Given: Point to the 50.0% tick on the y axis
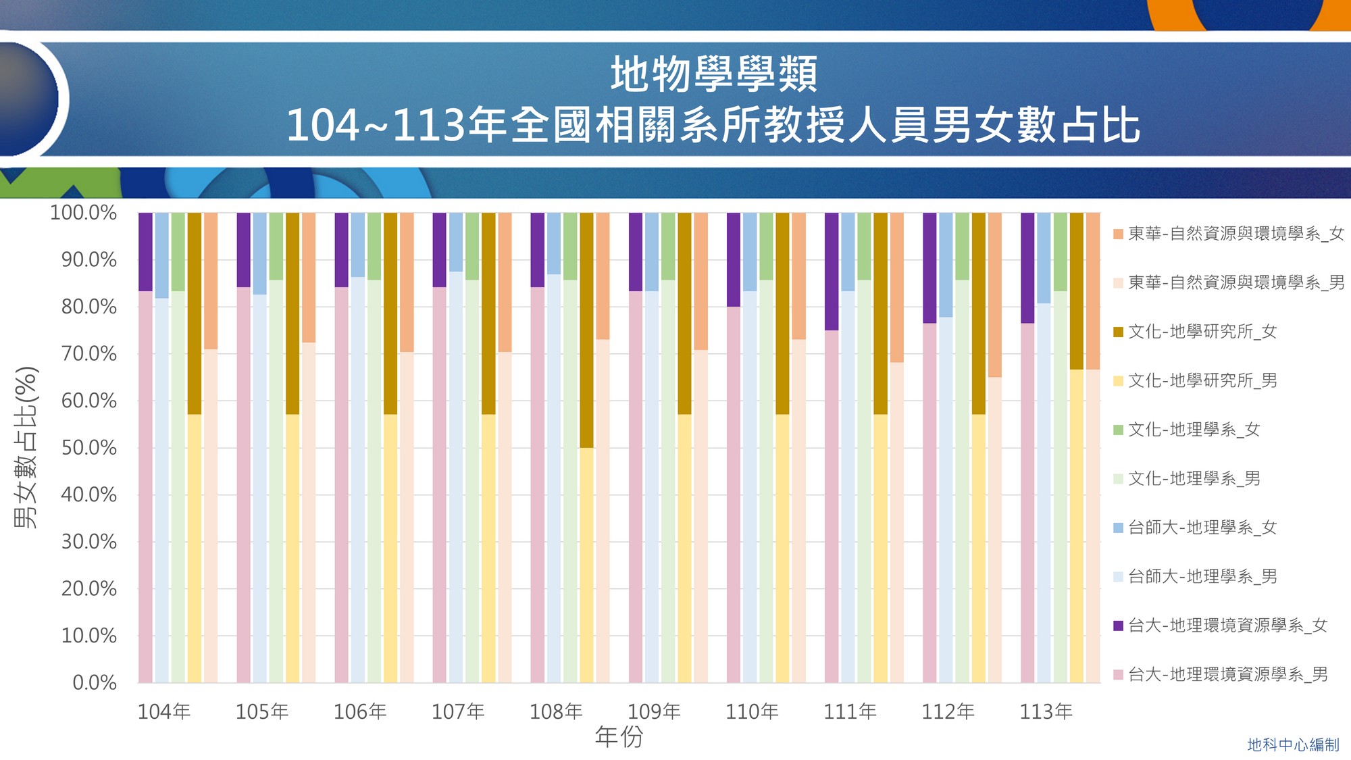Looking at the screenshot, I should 89,448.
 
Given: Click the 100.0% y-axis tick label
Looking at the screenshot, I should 84,213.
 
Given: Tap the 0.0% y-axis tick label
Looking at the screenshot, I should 95,682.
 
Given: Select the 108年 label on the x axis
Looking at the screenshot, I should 556,711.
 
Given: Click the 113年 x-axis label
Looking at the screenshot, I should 1046,711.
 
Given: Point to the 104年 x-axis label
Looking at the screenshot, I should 164,711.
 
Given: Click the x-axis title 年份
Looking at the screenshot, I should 619,736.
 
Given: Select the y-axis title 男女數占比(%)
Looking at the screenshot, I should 26,447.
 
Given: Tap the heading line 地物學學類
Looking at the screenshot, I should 714,74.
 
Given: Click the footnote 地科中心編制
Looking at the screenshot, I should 1293,744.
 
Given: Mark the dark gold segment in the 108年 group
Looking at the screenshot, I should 586,330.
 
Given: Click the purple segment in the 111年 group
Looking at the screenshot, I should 832,272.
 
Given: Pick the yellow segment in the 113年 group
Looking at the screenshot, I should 1077,526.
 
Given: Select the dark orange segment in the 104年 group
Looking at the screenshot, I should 211,280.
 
